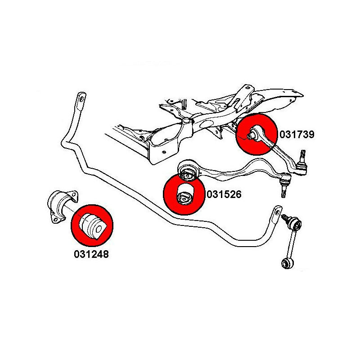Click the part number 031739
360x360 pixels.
tap(297, 134)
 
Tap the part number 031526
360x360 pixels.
tap(224, 194)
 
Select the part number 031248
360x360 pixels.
tap(91, 254)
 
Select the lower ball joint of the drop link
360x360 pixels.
tap(285, 263)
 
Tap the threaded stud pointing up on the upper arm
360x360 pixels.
tap(302, 158)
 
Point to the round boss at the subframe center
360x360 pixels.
tap(185, 121)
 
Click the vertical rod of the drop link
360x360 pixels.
tap(290, 243)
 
